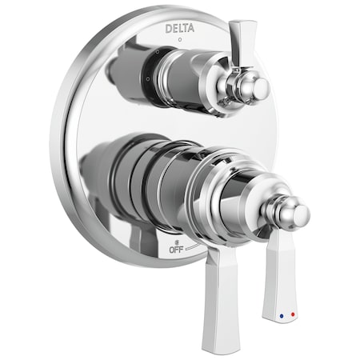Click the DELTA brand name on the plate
pos(180,28)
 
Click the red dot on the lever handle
pos(293,315)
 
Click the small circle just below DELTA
pos(180,38)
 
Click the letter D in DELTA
pos(168,28)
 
